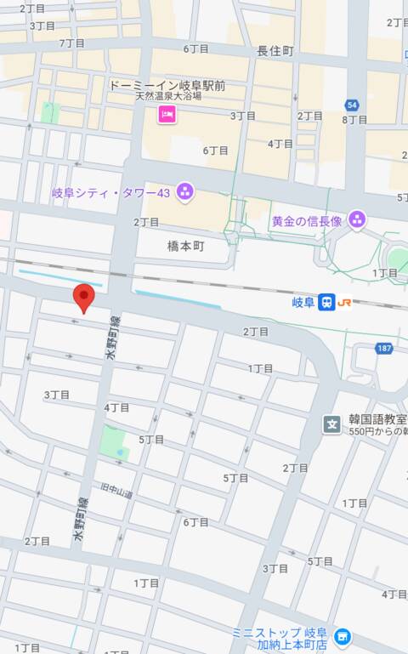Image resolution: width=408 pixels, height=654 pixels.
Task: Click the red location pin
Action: click(83, 298)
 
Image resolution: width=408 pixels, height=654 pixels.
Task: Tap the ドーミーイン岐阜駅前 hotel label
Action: click(166, 85)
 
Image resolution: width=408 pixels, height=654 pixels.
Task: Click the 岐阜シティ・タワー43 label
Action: click(110, 193)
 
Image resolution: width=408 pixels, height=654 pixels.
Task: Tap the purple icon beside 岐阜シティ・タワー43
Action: click(185, 192)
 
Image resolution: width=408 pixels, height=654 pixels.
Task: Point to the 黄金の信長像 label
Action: click(306, 220)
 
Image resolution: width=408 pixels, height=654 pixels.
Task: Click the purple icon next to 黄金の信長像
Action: click(357, 220)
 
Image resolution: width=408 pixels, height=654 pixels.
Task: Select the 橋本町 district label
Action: click(185, 244)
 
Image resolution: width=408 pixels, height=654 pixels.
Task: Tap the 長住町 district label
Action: click(275, 51)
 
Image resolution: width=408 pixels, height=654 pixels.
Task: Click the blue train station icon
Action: click(326, 302)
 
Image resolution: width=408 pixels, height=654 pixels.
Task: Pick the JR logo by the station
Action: click(345, 302)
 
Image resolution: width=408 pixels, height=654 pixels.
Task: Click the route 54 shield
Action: click(352, 105)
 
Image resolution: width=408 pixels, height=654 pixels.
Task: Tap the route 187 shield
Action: click(385, 348)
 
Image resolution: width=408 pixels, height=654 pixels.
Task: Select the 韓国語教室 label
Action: click(377, 420)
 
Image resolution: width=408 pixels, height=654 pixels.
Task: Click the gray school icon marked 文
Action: click(332, 424)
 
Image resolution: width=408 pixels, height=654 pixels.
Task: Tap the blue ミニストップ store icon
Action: click(342, 636)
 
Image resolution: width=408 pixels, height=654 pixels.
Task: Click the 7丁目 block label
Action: click(72, 43)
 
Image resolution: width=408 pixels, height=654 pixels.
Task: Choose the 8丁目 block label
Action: click(354, 120)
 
